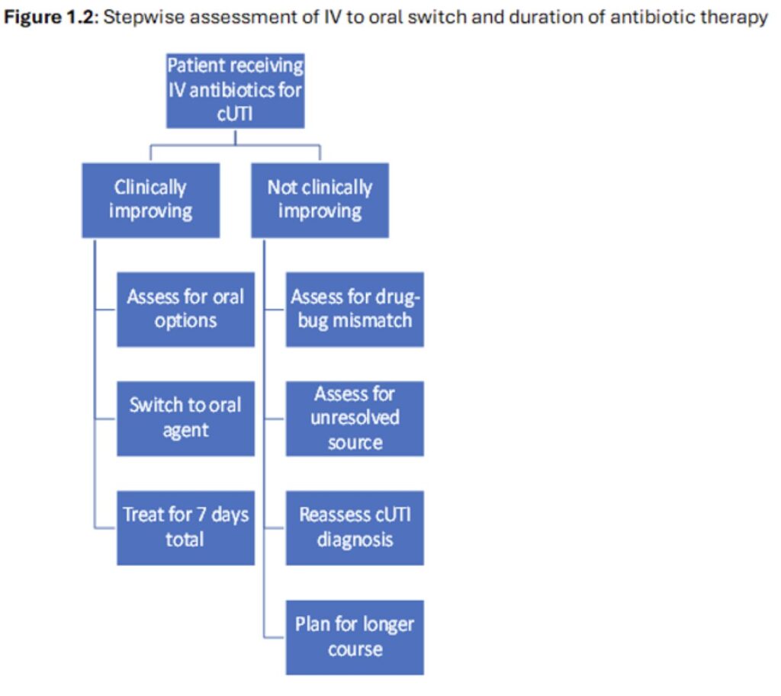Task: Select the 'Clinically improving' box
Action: [150, 200]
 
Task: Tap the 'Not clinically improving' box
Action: [320, 200]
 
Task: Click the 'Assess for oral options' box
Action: [185, 309]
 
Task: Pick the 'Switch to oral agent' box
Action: [185, 418]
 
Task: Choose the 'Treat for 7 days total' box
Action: [185, 527]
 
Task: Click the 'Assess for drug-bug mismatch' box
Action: [355, 309]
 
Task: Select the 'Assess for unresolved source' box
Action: [355, 418]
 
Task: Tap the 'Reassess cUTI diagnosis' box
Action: [355, 527]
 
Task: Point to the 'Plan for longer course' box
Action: [355, 637]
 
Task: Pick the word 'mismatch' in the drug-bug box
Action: [373, 320]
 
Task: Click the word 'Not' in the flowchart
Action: [281, 188]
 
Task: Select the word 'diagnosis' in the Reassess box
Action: [355, 540]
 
